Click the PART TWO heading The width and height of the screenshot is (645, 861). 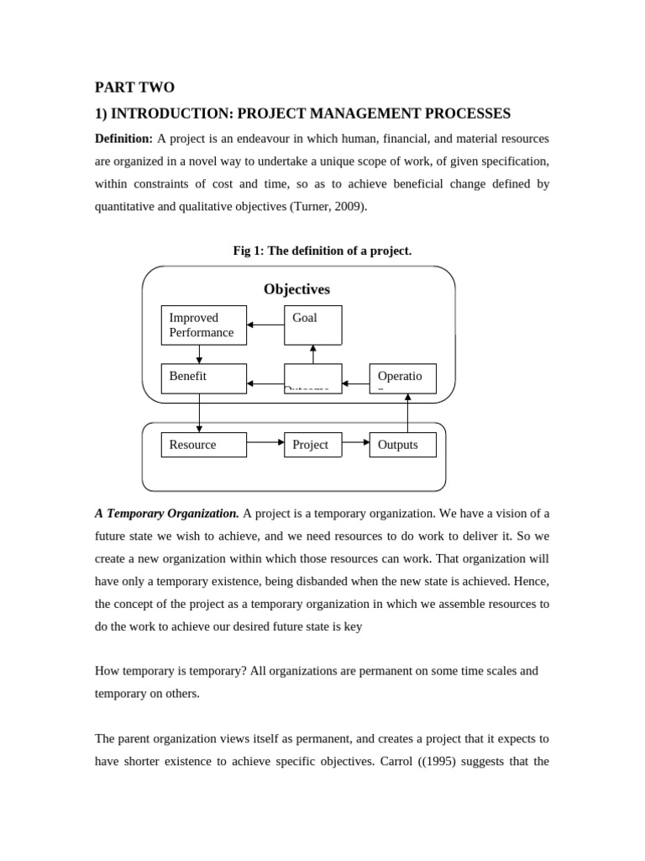[134, 87]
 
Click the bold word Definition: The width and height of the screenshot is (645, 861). [123, 138]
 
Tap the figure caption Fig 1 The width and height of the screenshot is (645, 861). [322, 251]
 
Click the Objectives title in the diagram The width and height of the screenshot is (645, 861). [296, 289]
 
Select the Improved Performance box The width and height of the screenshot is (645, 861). [203, 325]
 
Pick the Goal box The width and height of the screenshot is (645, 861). [312, 325]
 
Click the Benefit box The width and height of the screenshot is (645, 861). [203, 378]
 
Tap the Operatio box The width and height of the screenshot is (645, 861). [402, 378]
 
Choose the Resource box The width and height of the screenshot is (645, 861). [203, 445]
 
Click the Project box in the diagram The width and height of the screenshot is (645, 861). [312, 445]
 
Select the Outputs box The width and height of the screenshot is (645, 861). [402, 445]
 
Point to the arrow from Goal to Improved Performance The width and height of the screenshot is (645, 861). [265, 325]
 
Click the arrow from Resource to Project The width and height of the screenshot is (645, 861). [265, 441]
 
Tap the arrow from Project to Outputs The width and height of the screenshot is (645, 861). [355, 441]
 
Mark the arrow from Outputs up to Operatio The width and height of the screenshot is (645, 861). [407, 412]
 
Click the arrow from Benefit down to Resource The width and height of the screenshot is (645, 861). [199, 413]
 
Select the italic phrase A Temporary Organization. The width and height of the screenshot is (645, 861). [167, 513]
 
